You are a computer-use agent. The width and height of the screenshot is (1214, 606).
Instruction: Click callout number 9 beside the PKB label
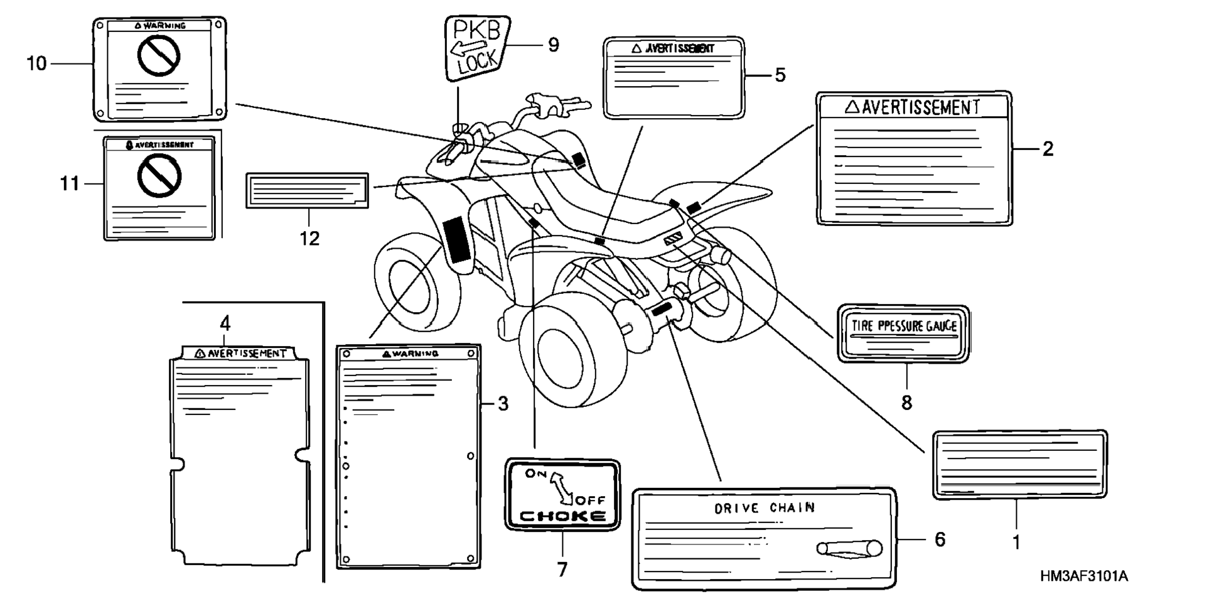[x=553, y=45]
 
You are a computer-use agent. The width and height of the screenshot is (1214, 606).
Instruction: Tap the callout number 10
[x=36, y=63]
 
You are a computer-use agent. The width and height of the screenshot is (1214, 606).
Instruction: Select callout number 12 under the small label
[x=309, y=239]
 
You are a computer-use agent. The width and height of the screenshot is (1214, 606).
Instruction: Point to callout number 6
[x=940, y=539]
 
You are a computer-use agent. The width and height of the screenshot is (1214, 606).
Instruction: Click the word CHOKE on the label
[x=563, y=516]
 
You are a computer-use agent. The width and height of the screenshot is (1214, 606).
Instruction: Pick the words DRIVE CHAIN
[x=765, y=507]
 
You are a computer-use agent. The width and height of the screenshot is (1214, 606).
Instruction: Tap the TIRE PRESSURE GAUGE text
[x=904, y=325]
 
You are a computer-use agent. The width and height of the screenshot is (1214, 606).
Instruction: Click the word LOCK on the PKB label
[x=478, y=62]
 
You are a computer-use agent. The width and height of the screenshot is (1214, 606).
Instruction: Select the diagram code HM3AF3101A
[x=1083, y=576]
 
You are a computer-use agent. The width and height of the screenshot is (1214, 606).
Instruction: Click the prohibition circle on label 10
[x=159, y=55]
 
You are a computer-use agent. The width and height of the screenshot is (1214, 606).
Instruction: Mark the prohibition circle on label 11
[x=159, y=175]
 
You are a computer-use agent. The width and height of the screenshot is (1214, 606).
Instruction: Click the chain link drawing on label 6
[x=849, y=548]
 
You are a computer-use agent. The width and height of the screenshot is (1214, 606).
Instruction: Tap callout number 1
[x=1016, y=542]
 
